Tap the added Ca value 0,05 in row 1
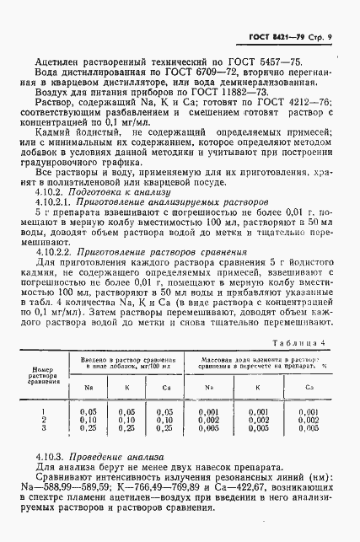click(x=165, y=411)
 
